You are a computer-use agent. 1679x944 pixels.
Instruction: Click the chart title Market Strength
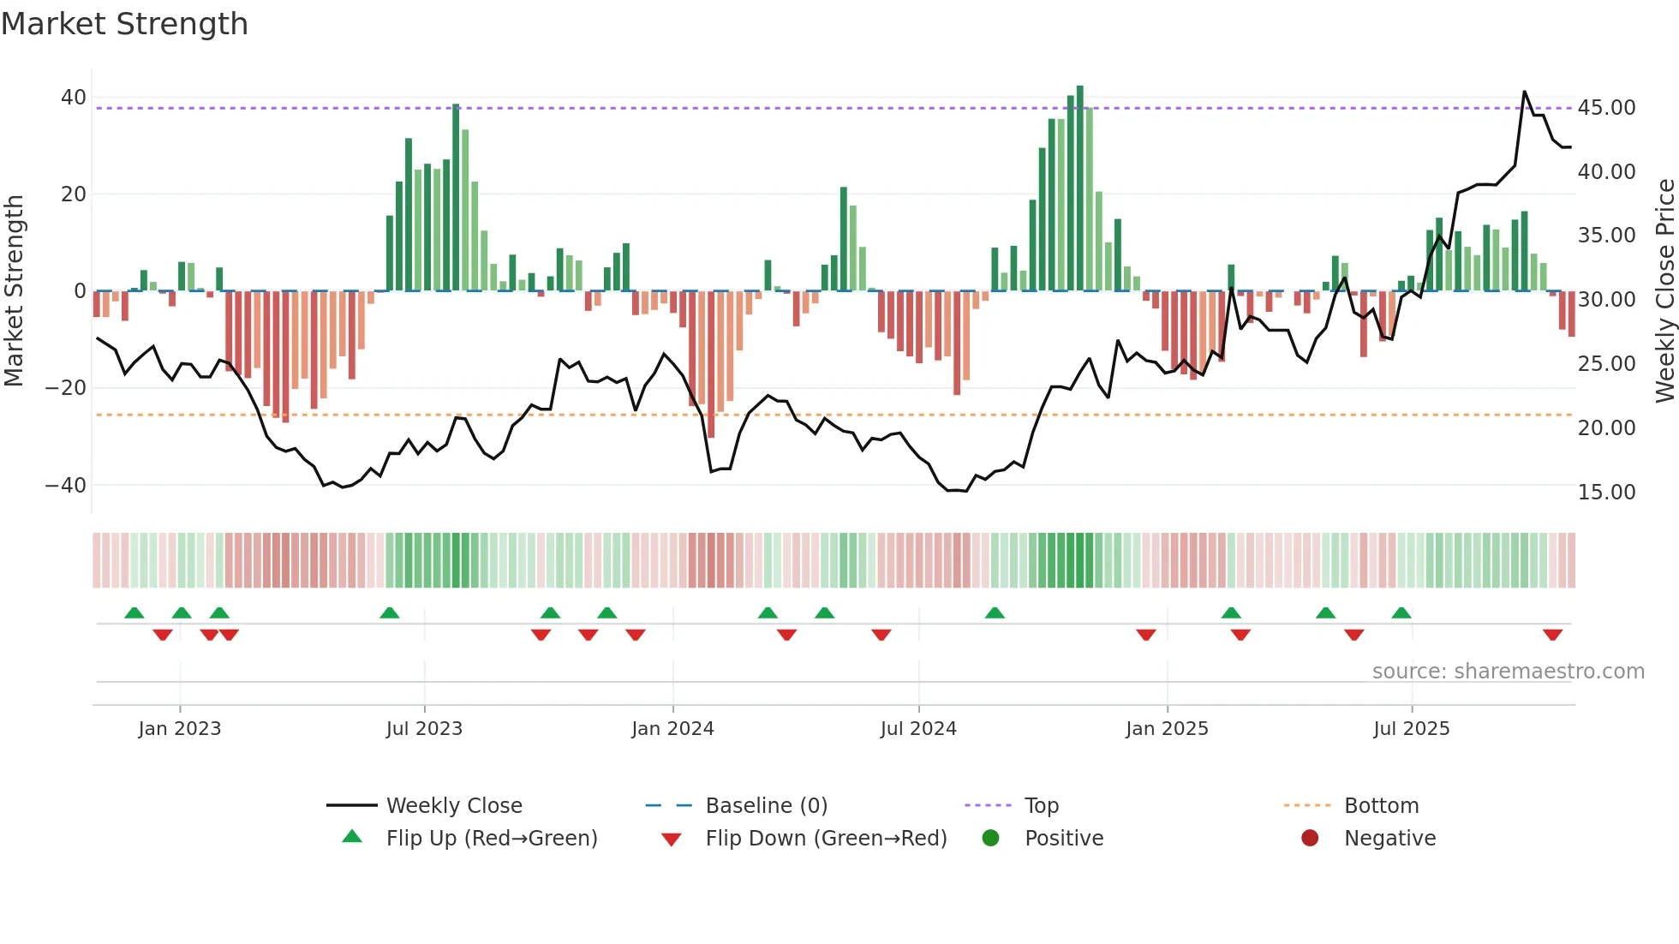pos(125,24)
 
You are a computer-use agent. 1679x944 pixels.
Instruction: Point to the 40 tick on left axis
pos(74,98)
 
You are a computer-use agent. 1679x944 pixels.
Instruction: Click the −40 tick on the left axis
pos(66,486)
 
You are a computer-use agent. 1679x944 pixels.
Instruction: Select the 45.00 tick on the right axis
pos(1606,108)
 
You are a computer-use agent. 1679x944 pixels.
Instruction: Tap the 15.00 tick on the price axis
pos(1606,493)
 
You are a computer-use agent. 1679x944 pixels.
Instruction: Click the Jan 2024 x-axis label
pos(672,729)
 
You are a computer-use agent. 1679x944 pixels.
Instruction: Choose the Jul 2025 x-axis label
pos(1411,729)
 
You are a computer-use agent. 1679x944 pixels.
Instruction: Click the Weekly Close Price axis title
pos(1664,291)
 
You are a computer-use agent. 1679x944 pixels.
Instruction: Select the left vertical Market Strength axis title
pos(15,291)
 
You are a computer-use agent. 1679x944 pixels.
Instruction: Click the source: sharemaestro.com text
pos(1508,672)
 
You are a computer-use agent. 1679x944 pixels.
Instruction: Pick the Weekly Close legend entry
pos(454,806)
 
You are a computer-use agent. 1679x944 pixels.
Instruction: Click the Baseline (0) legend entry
pos(766,806)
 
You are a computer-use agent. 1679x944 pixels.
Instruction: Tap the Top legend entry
pos(1042,806)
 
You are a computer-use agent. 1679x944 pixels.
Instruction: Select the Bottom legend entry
pos(1381,806)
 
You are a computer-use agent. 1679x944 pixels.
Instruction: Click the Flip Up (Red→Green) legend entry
pos(491,839)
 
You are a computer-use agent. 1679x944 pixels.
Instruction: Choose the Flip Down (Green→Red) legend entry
pos(826,839)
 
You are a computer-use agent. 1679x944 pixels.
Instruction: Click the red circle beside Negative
pos(1310,839)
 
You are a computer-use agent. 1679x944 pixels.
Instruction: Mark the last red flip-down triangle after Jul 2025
pos(1552,635)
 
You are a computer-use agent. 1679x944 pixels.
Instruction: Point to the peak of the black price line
pos(1524,92)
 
